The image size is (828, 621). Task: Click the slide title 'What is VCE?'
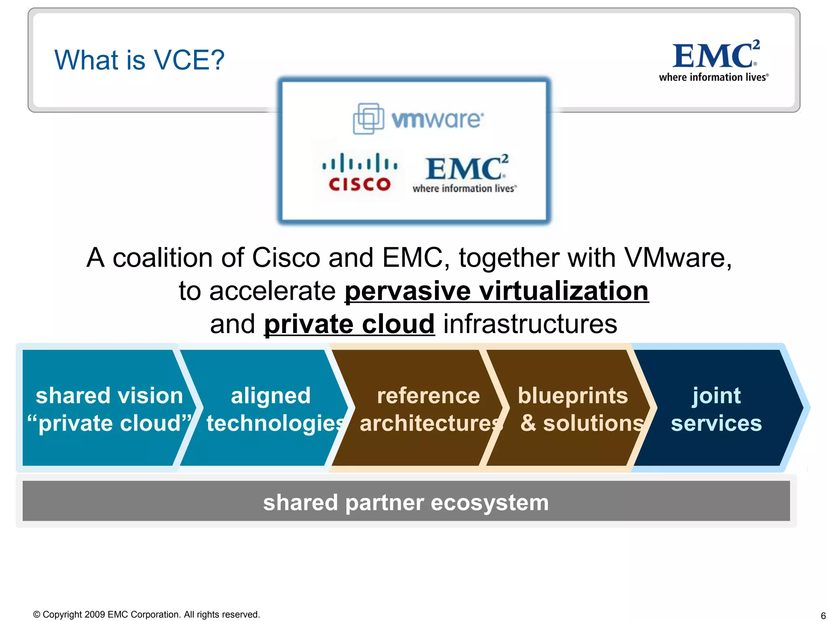tap(139, 60)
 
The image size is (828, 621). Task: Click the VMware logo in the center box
tap(418, 119)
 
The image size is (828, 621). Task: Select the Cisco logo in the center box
tap(360, 172)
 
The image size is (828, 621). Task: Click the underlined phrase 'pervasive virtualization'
tap(496, 291)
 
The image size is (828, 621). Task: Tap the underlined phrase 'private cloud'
tap(349, 324)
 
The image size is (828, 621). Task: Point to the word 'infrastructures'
tap(530, 324)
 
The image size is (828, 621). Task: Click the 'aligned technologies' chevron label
tap(271, 409)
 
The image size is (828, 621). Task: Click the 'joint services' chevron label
tap(716, 409)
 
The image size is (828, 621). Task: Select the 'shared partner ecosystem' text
tap(406, 503)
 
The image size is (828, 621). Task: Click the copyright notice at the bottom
tap(146, 615)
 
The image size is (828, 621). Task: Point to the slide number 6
tap(823, 616)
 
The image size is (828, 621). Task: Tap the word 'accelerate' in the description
tap(272, 291)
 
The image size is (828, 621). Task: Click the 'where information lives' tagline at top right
tap(714, 77)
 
